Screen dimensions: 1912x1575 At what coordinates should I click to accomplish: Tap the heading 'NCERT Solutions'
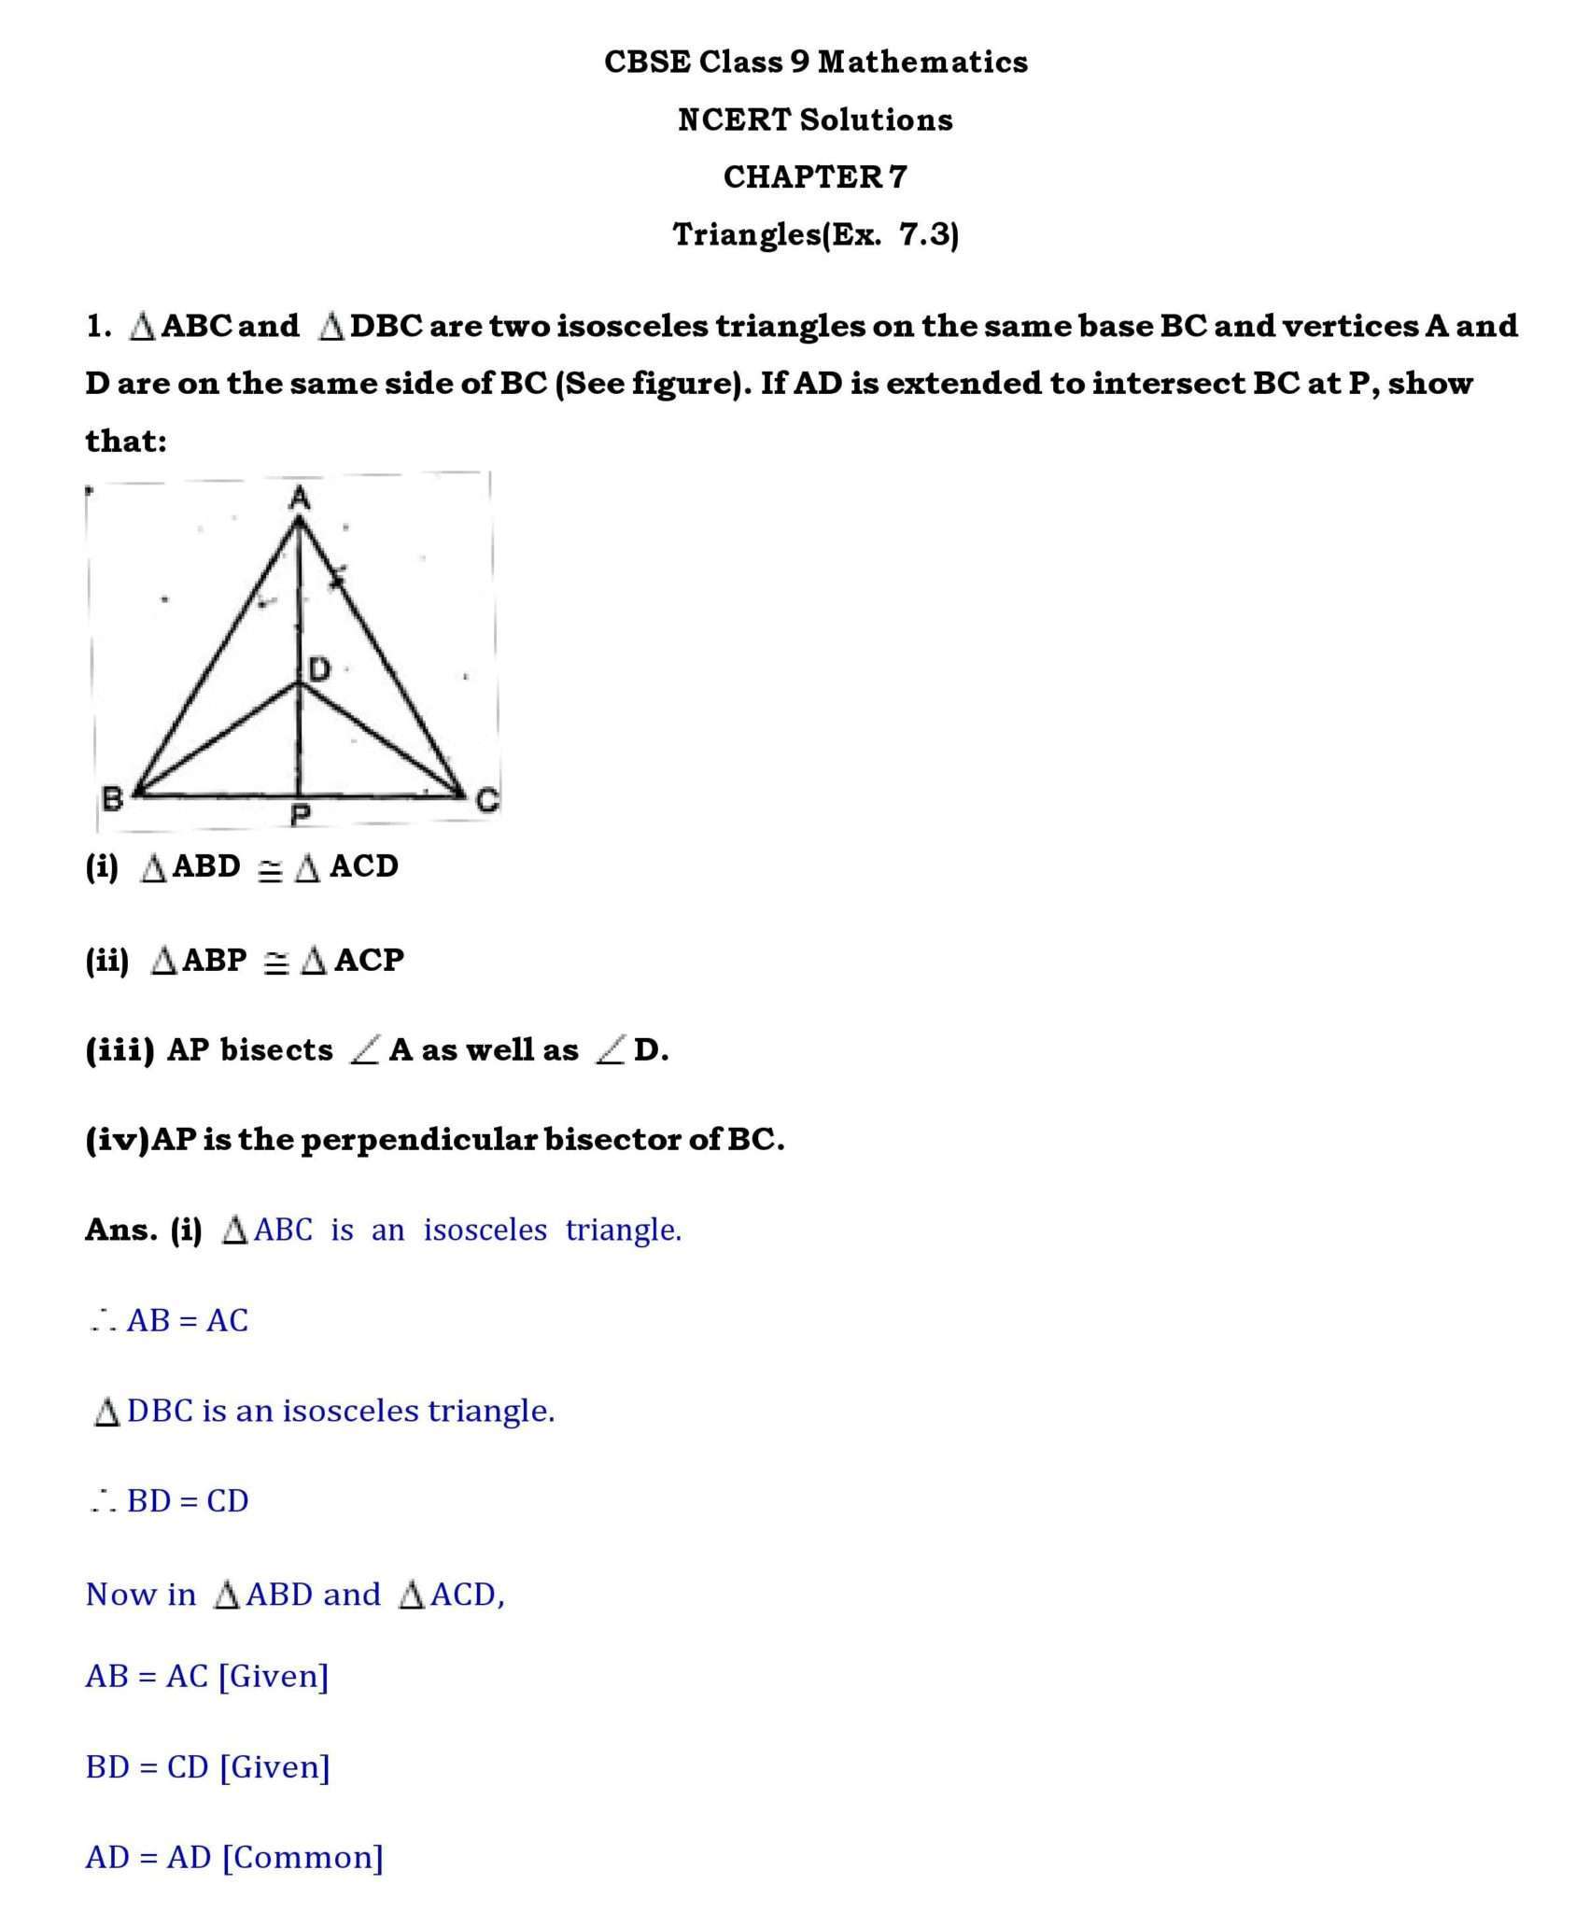(815, 119)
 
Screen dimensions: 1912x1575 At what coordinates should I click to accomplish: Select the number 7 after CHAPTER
(897, 176)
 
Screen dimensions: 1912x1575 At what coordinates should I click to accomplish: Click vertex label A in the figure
(299, 499)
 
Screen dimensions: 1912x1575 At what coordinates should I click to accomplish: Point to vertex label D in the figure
(320, 668)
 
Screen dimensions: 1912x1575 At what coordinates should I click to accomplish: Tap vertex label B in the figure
(112, 799)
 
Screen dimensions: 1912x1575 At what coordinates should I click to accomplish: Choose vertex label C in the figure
(487, 800)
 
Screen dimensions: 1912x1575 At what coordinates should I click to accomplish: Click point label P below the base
(300, 817)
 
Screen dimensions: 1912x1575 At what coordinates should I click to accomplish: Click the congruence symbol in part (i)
(270, 870)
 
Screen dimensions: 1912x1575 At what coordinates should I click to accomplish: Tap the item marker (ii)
(106, 960)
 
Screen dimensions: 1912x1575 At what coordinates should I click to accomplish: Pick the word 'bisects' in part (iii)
(276, 1050)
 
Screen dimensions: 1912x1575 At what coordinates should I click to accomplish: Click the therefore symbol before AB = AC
(103, 1321)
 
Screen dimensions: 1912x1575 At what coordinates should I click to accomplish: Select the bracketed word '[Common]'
(302, 1858)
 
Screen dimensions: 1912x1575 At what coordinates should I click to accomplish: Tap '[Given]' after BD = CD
(274, 1767)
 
